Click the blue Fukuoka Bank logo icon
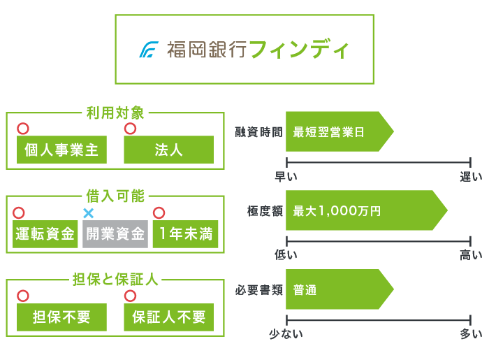(x=149, y=50)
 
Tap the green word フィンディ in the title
(x=298, y=50)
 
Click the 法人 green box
(x=168, y=150)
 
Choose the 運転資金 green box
(x=45, y=234)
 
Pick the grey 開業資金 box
(x=115, y=234)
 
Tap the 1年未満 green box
(x=185, y=234)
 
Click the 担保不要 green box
(x=61, y=317)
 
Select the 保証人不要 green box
(x=168, y=317)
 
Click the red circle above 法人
(x=129, y=129)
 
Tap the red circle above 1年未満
(x=159, y=213)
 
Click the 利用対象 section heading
(x=115, y=113)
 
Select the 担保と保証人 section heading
(x=115, y=280)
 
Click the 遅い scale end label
(x=470, y=177)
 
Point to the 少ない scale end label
(x=286, y=334)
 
